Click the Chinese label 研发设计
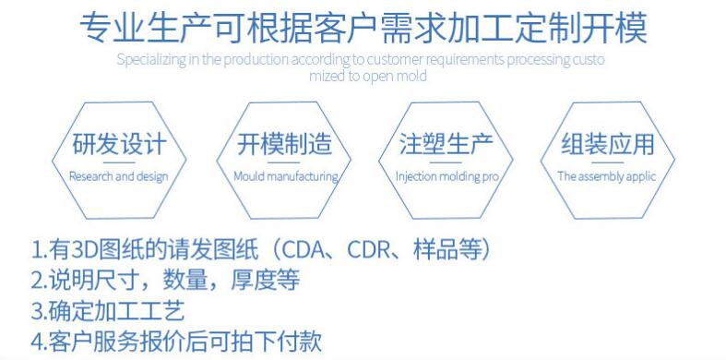click(x=119, y=146)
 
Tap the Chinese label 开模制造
click(x=284, y=146)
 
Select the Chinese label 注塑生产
click(x=446, y=146)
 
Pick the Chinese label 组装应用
click(x=608, y=145)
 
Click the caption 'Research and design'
click(x=119, y=175)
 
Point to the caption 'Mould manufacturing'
click(x=284, y=175)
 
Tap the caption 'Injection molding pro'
click(x=446, y=175)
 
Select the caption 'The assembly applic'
click(x=608, y=175)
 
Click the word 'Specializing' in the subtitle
click(x=145, y=60)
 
